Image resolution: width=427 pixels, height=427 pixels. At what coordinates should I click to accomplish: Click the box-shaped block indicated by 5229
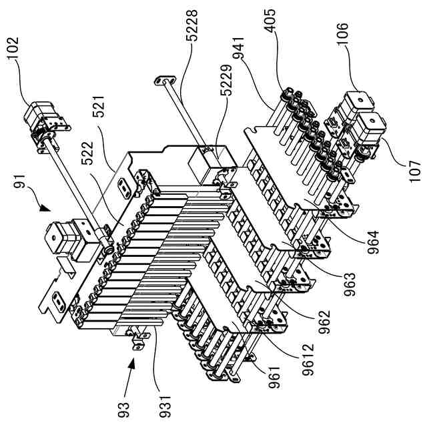point(208,162)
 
